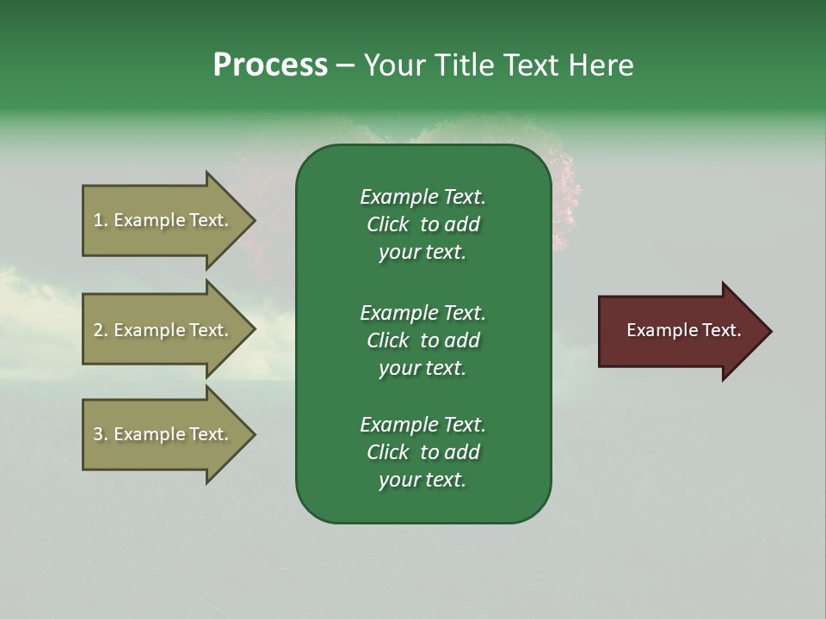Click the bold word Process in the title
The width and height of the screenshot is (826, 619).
[270, 65]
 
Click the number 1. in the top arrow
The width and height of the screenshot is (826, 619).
[100, 220]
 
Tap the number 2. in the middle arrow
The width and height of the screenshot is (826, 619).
[100, 330]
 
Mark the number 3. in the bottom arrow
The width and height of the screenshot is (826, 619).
[100, 434]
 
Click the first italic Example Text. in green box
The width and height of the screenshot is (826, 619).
[422, 197]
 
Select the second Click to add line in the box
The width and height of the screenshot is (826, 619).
[422, 340]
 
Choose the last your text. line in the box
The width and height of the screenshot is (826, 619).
[422, 481]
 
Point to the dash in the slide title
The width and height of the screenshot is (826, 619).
[345, 65]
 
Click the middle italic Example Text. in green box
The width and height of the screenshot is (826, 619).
[422, 313]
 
